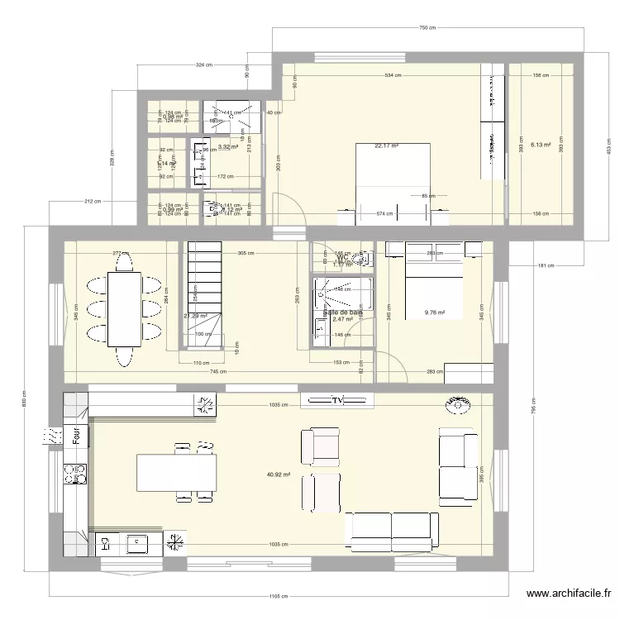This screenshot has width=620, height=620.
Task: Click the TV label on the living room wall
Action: click(337, 401)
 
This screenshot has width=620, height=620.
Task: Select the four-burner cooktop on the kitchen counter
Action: click(76, 474)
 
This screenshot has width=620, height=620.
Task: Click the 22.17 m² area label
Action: click(386, 146)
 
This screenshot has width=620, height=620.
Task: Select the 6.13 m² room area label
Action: click(541, 144)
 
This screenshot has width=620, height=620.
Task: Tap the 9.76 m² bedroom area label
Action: click(435, 313)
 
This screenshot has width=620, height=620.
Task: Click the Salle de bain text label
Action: click(342, 312)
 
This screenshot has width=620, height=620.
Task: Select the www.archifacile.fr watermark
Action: click(569, 594)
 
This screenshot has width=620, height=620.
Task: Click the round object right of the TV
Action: click(456, 403)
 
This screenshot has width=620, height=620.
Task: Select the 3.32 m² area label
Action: click(228, 146)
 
